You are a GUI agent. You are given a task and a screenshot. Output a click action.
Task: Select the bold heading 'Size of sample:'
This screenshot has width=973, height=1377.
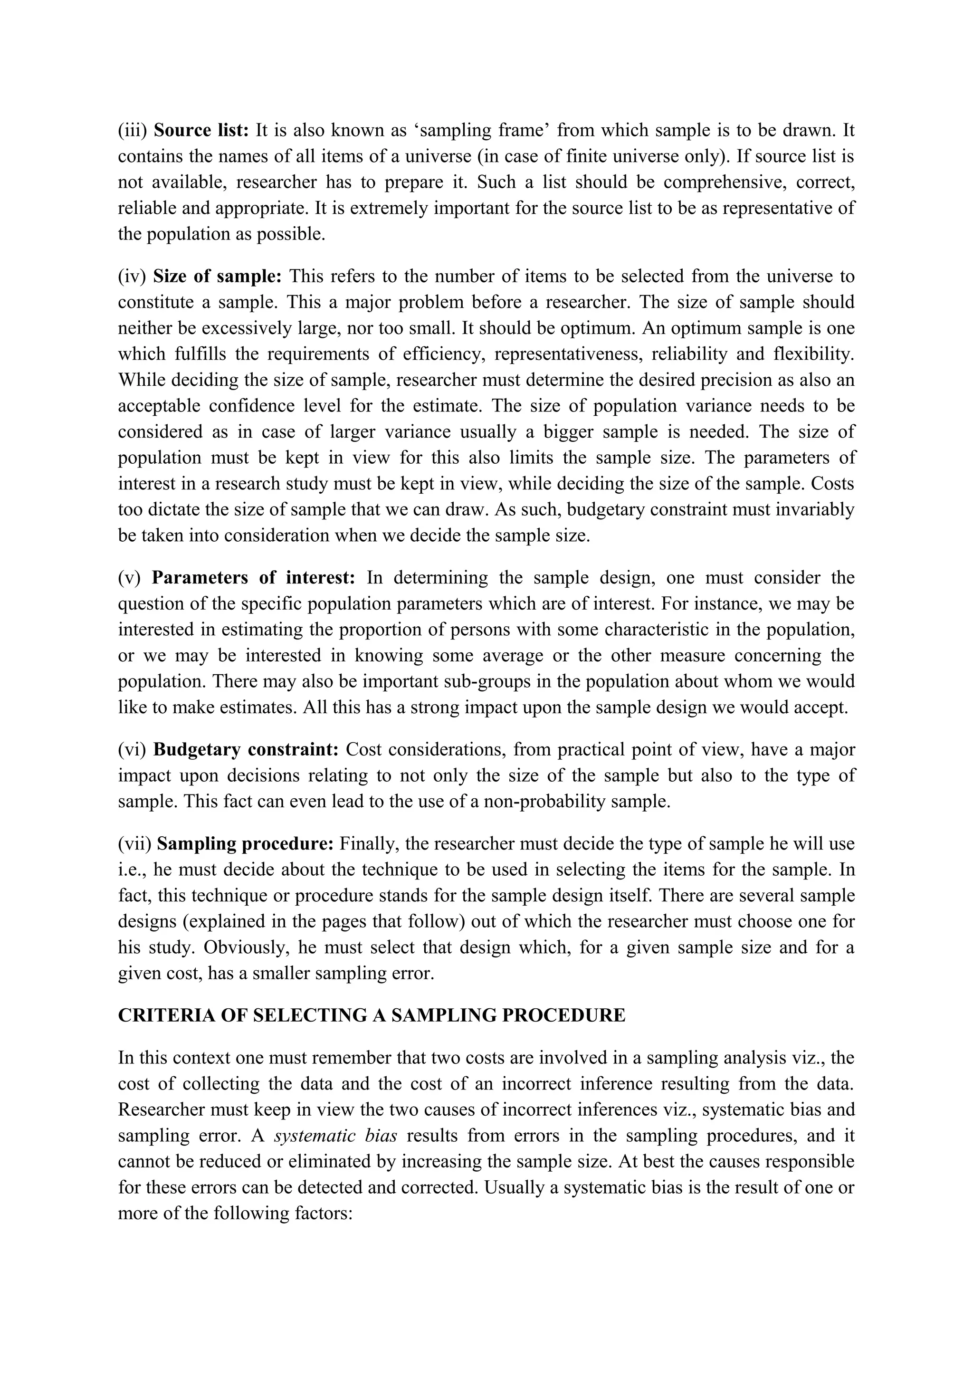pos(217,277)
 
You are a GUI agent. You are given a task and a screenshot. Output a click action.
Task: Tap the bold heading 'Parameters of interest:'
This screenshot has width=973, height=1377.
pos(254,577)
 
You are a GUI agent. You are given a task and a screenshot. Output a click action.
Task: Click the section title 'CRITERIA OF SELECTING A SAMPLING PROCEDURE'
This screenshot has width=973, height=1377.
pos(371,1015)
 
